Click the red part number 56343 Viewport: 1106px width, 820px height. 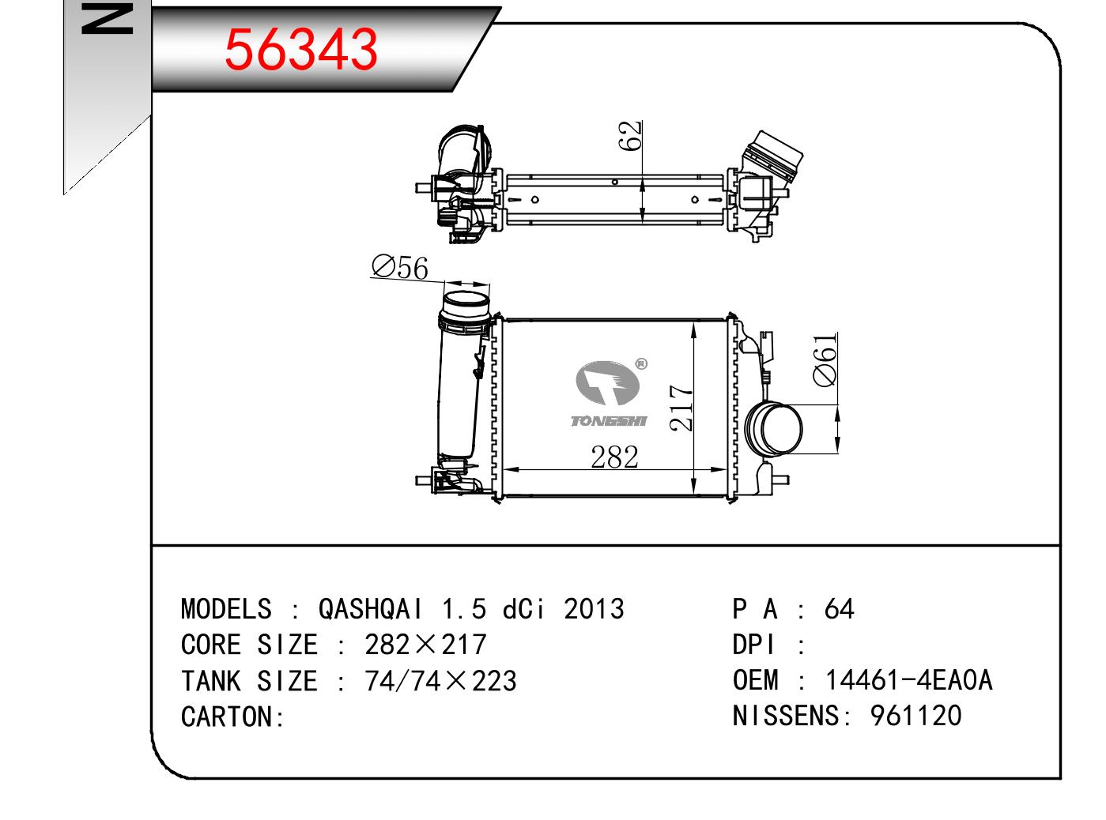[x=300, y=49]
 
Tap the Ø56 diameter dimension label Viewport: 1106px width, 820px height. [x=400, y=267]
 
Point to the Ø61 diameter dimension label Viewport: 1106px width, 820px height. [x=825, y=360]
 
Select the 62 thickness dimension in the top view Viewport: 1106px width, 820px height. [x=629, y=135]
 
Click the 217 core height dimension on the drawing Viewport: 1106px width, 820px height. [x=681, y=408]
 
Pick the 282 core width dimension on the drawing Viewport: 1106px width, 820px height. [x=614, y=457]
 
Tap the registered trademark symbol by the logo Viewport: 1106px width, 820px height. [x=642, y=364]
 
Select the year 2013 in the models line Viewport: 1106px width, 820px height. [x=594, y=609]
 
